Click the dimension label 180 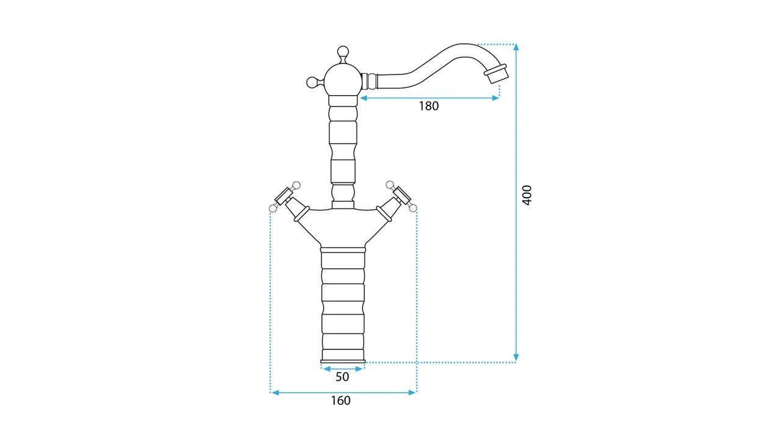point(428,106)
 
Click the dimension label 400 point(527,195)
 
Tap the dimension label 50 point(342,377)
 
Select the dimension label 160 point(340,401)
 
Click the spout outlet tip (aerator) point(496,74)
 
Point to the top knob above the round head point(343,53)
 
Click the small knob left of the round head point(314,82)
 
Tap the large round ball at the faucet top point(343,80)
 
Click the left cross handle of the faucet point(284,197)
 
